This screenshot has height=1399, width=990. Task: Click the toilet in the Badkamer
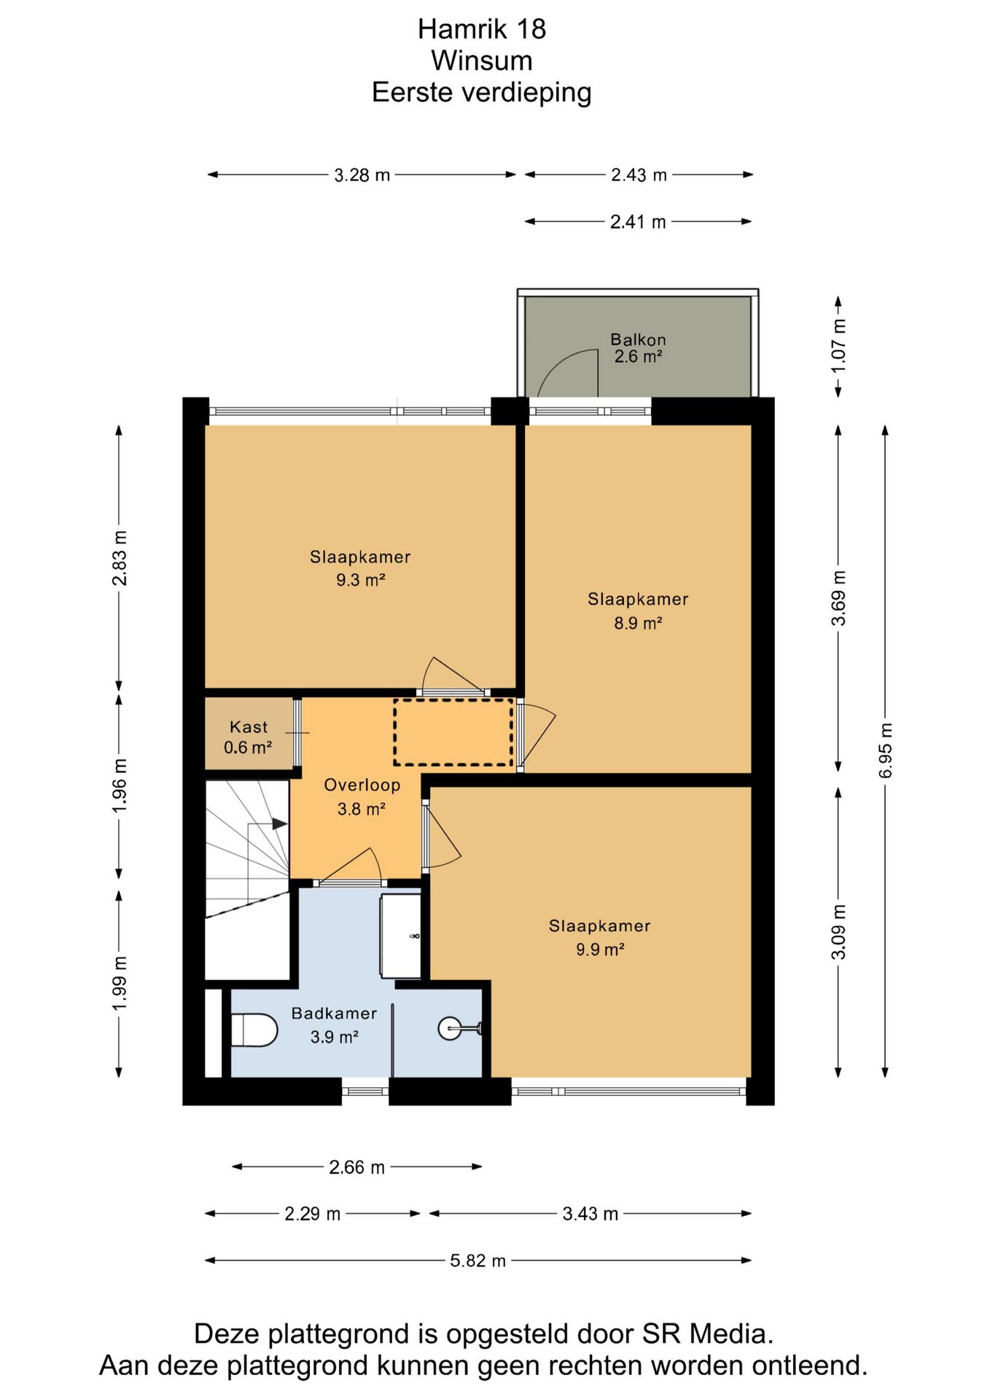tap(254, 1030)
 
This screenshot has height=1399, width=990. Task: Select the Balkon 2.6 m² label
tap(638, 348)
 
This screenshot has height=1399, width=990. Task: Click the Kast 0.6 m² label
tap(248, 737)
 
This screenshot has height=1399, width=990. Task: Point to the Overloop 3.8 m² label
tap(362, 796)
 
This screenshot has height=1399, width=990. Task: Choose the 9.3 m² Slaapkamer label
tap(360, 568)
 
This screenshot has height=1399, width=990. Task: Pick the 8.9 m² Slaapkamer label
tap(638, 611)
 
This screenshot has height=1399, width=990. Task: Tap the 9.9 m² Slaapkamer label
tap(599, 937)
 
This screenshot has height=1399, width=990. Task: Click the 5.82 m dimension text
tap(478, 1261)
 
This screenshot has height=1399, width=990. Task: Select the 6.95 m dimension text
tap(886, 751)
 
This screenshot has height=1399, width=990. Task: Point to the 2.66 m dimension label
tap(356, 1167)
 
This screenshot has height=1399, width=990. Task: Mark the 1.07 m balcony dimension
tap(838, 346)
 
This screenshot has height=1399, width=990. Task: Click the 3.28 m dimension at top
tap(362, 175)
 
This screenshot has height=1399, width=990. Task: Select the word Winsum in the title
tap(482, 60)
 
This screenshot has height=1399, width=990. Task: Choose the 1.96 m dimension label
tap(120, 785)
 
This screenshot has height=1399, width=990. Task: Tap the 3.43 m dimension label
tap(590, 1214)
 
